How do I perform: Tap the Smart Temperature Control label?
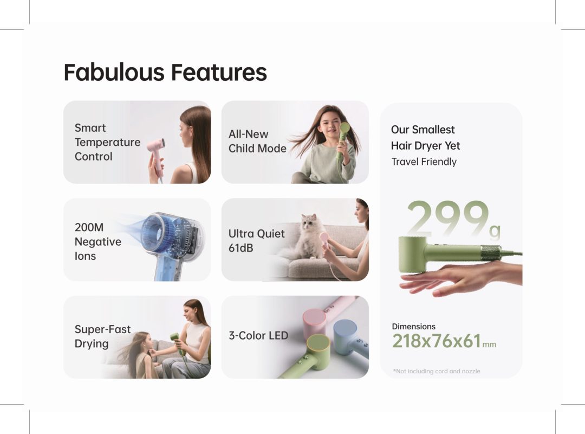pos(107,142)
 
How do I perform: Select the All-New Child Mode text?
pos(257,141)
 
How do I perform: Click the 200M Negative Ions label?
pos(97,241)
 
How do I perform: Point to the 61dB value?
pos(240,248)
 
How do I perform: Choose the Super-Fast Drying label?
pos(102,336)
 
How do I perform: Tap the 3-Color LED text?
pos(258,335)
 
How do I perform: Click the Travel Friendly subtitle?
pos(424,162)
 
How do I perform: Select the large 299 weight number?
pos(447,220)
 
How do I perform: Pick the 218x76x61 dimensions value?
pos(437,341)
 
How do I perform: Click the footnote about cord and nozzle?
pos(437,371)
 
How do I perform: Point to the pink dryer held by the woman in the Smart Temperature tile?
pos(157,149)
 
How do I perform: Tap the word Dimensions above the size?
pos(413,327)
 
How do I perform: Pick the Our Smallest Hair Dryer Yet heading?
pos(425,137)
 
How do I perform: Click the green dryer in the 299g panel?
pos(433,253)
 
